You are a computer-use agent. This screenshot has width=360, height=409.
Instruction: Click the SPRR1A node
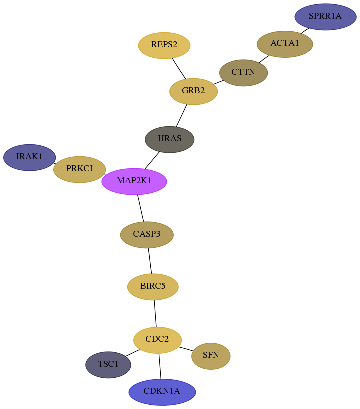pos(325,17)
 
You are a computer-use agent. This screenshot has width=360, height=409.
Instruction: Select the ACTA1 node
pos(285,44)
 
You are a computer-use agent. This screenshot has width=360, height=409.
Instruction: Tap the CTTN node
pos(243,72)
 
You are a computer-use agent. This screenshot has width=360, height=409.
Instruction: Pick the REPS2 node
pos(164,45)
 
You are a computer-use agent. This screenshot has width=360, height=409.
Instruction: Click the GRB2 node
pos(193,91)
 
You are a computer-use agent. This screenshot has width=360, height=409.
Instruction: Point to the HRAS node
pos(169,139)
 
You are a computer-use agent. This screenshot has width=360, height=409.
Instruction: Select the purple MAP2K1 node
pos(134,181)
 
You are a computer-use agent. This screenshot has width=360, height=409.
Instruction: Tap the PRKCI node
pos(79,169)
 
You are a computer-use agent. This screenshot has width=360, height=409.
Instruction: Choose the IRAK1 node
pos(29,157)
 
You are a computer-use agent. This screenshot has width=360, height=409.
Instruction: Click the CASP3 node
pos(147,235)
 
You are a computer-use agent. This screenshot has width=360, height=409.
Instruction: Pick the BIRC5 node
pos(153,287)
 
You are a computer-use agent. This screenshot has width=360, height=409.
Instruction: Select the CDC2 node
pos(157,340)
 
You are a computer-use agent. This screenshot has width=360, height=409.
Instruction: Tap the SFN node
pos(211,356)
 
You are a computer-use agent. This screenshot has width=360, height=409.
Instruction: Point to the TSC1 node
pos(108,365)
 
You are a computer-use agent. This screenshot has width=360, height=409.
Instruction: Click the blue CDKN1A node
pos(162,392)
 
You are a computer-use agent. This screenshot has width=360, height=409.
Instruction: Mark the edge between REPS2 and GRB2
pos(179,68)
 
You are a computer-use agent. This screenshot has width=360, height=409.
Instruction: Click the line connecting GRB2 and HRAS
pos(181,115)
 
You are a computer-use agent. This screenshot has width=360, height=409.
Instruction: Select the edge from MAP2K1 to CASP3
pos(140,208)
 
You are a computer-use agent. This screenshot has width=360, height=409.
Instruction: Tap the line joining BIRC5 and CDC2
pos(155,313)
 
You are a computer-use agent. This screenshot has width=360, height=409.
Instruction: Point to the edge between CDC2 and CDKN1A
pos(160,366)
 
